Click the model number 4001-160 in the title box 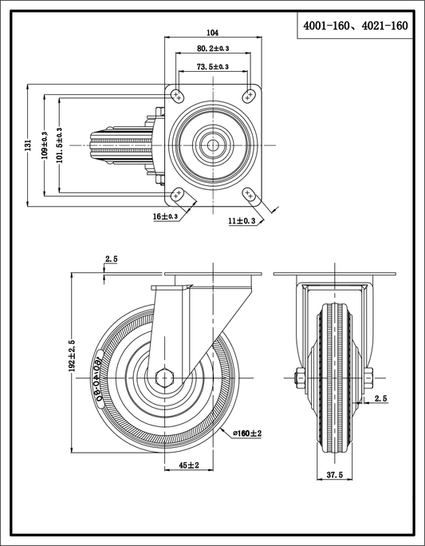pos(326,26)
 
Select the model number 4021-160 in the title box pos(384,26)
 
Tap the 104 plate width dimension pos(212,33)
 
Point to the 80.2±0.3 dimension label pos(213,49)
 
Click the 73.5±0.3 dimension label pos(213,67)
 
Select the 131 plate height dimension pos(28,145)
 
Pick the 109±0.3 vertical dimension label pos(45,145)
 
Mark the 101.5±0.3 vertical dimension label pos(60,145)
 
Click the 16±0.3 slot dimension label pos(166,216)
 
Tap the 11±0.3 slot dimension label pos(242,221)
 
